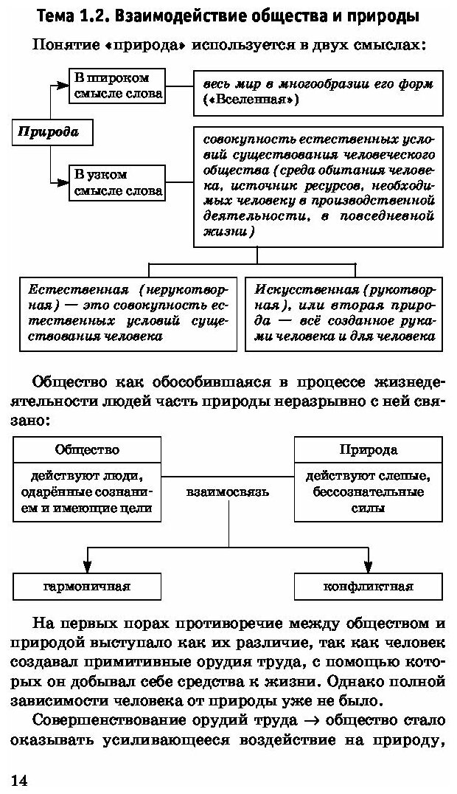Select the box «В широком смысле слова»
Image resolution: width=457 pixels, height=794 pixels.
coord(116,86)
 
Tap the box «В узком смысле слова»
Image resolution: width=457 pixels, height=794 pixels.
coord(116,182)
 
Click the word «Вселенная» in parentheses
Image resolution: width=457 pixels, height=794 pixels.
coord(250,100)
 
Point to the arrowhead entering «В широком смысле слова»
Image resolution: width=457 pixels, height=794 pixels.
coord(64,86)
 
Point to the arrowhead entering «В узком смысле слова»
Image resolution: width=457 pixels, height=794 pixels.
coord(64,182)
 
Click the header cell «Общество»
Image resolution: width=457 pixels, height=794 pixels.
coord(87,449)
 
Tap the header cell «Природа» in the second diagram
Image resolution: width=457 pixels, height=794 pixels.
coord(369,449)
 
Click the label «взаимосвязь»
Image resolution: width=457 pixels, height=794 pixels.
coord(228,491)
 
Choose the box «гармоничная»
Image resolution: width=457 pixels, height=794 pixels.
coord(87,587)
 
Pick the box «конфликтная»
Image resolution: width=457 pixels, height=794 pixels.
coord(369,587)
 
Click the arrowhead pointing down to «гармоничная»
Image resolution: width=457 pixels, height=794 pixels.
coord(87,567)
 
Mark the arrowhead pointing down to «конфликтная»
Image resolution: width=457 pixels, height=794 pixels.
coord(369,567)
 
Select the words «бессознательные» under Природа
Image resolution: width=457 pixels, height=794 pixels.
coord(369,491)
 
